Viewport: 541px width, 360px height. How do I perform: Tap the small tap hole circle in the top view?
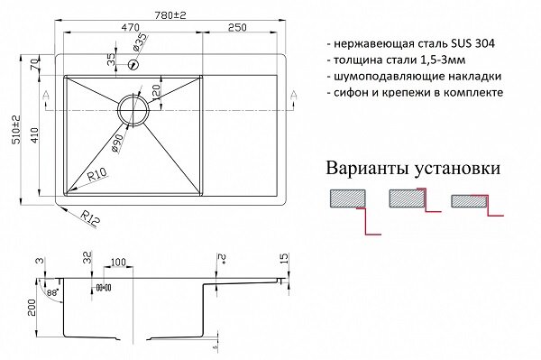(134, 66)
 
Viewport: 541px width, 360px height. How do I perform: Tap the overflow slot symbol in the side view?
(102, 288)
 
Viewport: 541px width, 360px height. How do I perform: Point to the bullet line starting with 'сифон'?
(412, 94)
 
